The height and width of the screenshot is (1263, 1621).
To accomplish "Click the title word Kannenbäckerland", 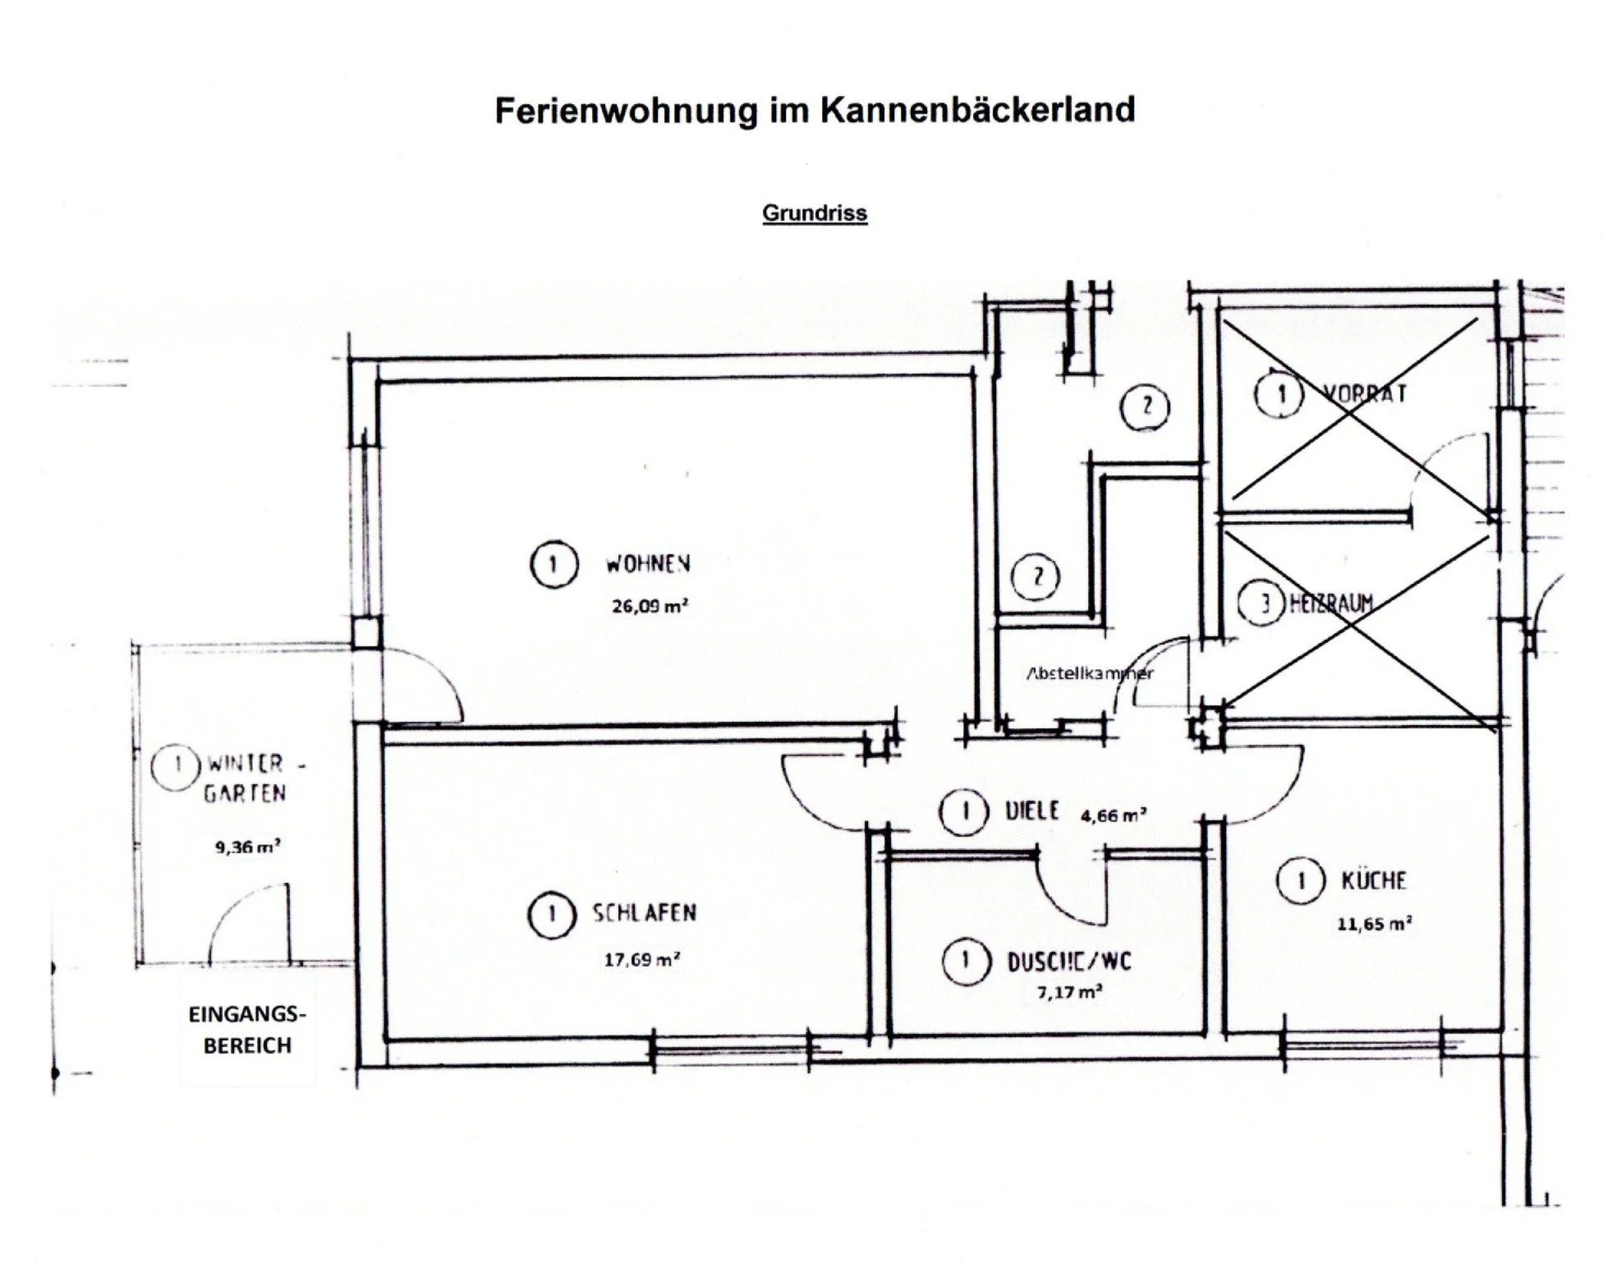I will click(977, 110).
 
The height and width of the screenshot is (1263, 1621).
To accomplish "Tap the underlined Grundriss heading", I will click(815, 214).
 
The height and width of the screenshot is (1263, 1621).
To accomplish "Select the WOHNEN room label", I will click(648, 564).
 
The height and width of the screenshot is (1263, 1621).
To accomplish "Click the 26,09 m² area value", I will click(649, 607).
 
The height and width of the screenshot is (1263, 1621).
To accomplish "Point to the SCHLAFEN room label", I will click(645, 913).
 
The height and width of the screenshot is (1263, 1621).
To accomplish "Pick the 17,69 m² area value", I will click(641, 959).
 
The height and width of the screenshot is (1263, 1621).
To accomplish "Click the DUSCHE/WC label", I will click(1069, 962).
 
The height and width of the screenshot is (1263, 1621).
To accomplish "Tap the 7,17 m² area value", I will click(1069, 992).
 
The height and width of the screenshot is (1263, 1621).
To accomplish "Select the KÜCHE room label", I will click(1374, 881).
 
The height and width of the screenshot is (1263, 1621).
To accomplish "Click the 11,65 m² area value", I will click(1374, 924).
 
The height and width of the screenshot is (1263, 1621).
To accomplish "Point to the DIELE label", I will click(1032, 811).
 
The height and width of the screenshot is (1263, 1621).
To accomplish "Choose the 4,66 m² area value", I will click(1113, 815).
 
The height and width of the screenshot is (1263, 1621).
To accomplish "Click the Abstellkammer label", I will click(1090, 673).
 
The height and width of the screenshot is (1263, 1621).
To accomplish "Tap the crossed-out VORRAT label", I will click(1365, 393).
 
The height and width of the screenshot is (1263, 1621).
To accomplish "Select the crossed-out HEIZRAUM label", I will click(1331, 604).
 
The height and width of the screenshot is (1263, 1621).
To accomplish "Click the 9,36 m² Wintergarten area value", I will click(247, 847).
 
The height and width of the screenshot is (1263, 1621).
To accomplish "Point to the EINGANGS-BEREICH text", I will click(247, 1030).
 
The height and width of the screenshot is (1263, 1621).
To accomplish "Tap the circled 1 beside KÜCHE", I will click(1301, 881).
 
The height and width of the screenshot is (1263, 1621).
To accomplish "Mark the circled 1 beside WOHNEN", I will click(553, 564).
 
